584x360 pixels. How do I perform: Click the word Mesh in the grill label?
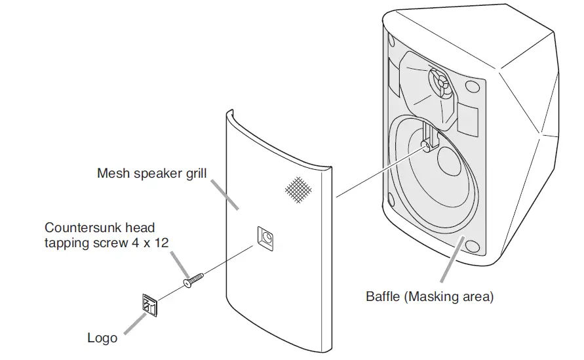[113, 173]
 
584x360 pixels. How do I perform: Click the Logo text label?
[102, 338]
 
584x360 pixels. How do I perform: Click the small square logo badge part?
[149, 304]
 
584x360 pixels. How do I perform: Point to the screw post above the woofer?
[427, 144]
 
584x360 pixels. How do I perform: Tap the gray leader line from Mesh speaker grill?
[227, 194]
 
